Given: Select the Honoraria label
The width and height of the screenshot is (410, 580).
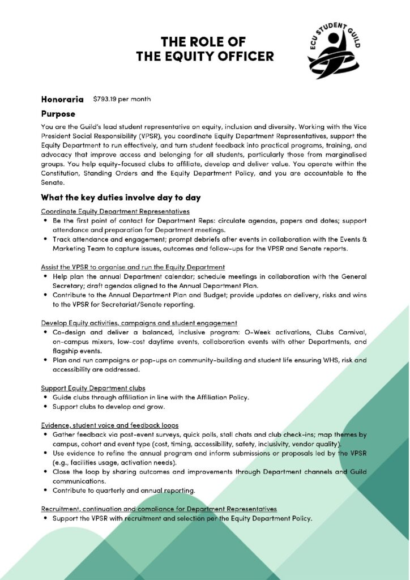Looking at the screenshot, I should (62, 99).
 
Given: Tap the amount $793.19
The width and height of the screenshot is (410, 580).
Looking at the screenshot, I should (105, 99).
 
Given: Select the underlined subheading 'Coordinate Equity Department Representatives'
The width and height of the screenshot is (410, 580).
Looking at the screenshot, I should (115, 211).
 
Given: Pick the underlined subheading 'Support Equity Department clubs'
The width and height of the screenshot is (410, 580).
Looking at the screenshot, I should (93, 388).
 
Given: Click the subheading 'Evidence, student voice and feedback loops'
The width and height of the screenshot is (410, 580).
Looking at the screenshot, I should (109, 425).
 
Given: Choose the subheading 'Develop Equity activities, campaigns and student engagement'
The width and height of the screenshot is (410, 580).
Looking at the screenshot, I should (139, 322).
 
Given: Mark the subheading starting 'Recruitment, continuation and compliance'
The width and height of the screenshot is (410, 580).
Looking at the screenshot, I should (159, 509).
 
